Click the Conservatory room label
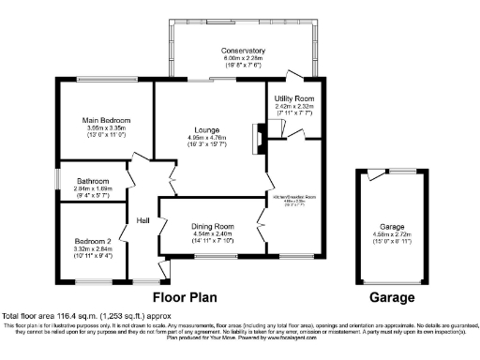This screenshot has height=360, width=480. (243, 50)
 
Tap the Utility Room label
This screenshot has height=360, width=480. (293, 97)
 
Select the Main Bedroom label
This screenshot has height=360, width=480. (106, 121)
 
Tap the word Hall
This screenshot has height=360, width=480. (143, 220)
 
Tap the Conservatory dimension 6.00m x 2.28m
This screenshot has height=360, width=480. (243, 58)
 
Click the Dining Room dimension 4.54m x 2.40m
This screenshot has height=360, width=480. (211, 234)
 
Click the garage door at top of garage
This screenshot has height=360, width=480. (377, 171)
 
